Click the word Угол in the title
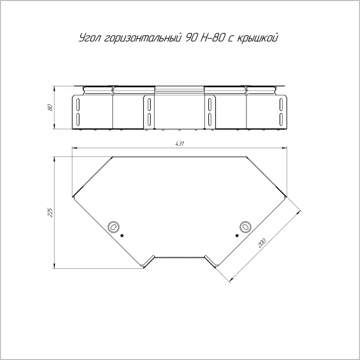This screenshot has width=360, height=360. click(90, 38)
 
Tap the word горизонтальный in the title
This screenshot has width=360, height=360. click(142, 38)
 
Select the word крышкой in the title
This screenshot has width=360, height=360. click(257, 38)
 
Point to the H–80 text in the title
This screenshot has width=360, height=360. click(212, 38)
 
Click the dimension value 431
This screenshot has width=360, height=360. click(180, 144)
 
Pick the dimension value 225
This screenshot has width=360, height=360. click(50, 212)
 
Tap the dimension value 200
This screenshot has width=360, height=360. click(261, 243)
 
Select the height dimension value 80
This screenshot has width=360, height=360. click(50, 108)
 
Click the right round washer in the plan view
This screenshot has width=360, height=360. click(245, 227)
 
